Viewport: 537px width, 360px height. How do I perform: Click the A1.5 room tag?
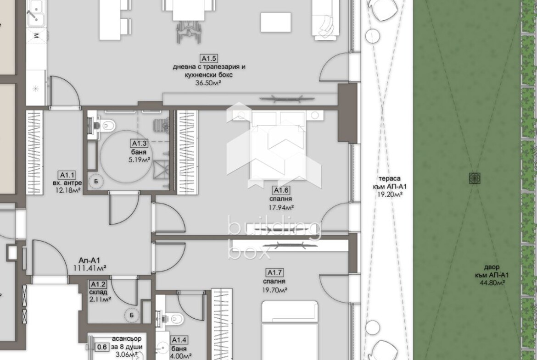(x=209, y=59)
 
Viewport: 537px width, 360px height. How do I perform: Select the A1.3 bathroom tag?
(x=139, y=144)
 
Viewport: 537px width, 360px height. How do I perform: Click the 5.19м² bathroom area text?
(x=139, y=160)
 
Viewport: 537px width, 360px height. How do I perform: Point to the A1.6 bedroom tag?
(x=280, y=190)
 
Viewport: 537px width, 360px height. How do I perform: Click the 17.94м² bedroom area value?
(x=281, y=207)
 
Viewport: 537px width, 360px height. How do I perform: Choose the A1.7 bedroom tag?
(x=274, y=273)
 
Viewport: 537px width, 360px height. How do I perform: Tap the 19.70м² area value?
(x=274, y=289)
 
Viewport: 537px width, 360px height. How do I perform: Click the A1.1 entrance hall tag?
(x=67, y=175)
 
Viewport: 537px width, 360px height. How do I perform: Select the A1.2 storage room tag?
(x=98, y=284)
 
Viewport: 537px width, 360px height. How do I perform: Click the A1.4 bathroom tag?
(x=179, y=340)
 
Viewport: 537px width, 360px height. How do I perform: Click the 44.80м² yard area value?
(x=492, y=282)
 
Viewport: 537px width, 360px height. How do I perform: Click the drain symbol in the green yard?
(x=474, y=178)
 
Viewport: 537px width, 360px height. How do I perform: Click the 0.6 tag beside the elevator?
(x=102, y=347)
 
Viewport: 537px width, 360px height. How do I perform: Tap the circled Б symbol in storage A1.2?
(x=132, y=315)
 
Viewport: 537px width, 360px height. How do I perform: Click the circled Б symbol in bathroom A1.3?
(x=96, y=181)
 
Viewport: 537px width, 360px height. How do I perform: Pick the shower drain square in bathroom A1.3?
(x=161, y=170)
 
